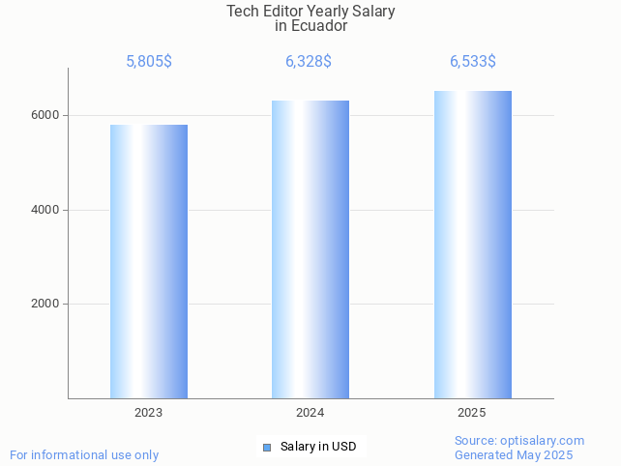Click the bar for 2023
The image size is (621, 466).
[x=149, y=261]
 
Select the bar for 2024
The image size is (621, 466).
[x=310, y=249]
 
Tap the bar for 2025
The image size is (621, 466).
[x=472, y=245]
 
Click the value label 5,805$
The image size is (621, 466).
[x=149, y=62]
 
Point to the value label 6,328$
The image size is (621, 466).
[x=309, y=62]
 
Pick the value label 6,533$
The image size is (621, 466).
[x=473, y=62]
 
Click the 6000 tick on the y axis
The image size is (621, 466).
[x=45, y=115]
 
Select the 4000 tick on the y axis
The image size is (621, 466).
[x=45, y=210]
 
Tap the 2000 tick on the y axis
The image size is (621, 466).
[x=45, y=304]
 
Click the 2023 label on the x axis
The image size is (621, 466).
[x=149, y=413]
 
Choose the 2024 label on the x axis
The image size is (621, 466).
[x=310, y=413]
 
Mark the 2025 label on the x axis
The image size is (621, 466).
[x=472, y=413]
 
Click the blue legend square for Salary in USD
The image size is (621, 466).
[x=267, y=447]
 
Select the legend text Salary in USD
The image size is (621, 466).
[x=318, y=447]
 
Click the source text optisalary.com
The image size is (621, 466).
[x=543, y=440]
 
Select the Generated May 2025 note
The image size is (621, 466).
[x=514, y=454]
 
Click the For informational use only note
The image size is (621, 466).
[x=84, y=454]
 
